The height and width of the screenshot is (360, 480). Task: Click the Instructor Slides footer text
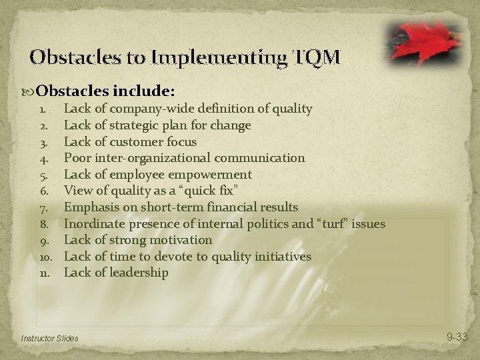coord(49,339)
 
